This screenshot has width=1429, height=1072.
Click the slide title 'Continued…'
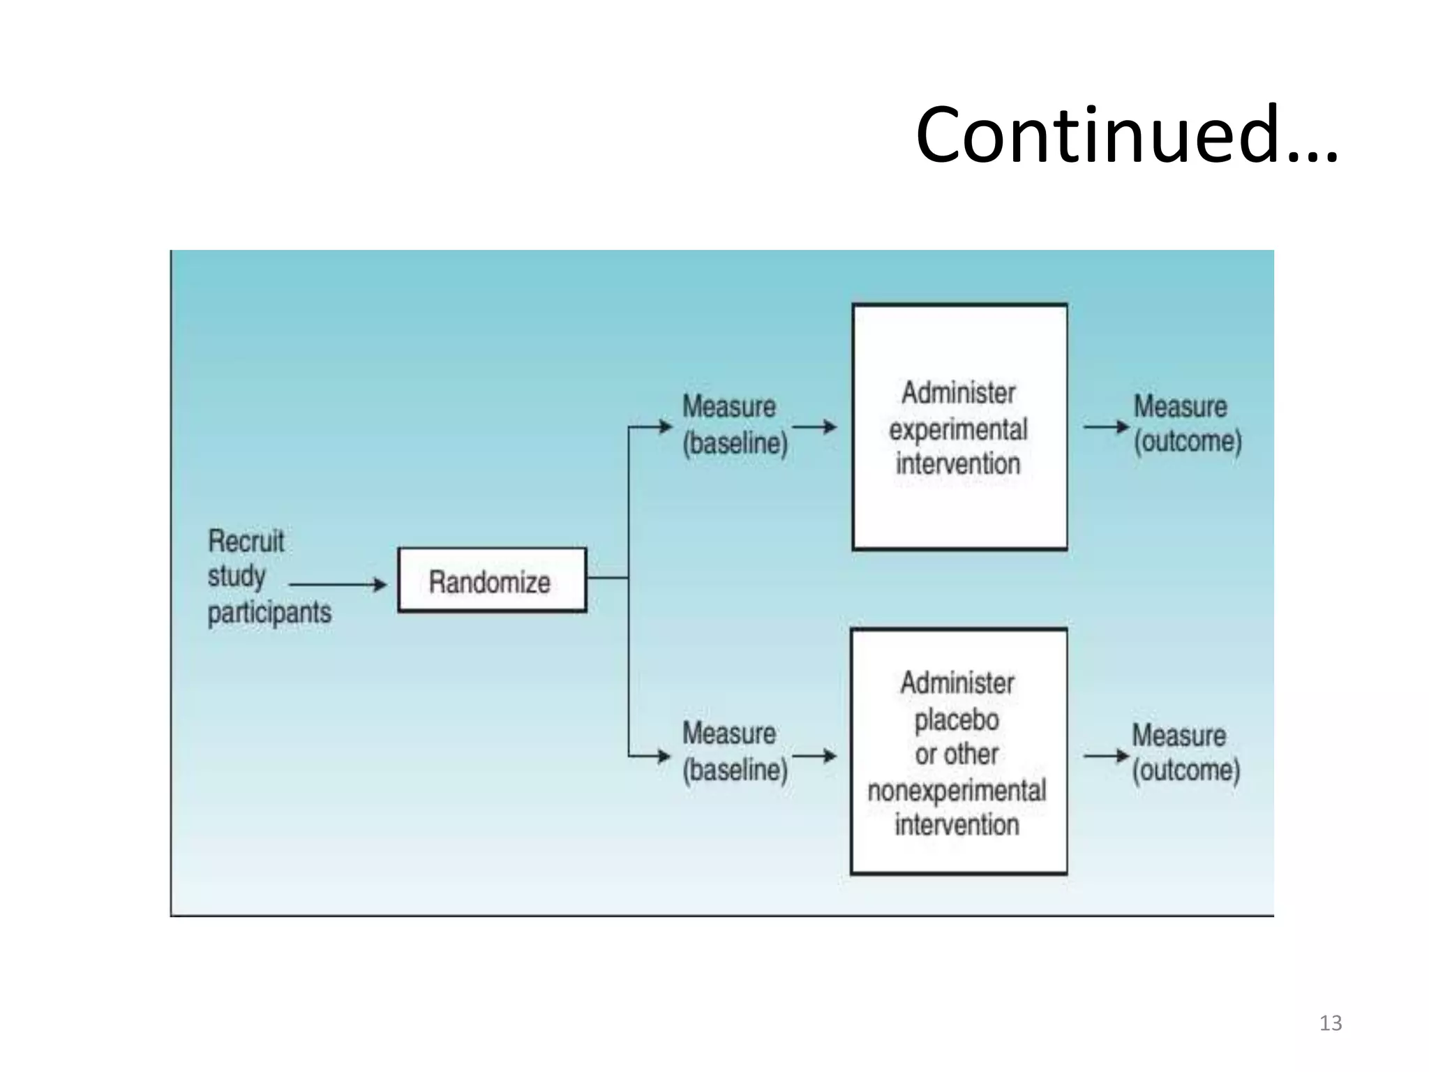1126,135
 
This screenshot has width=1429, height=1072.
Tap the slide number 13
1330,1023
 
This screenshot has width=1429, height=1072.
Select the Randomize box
491,581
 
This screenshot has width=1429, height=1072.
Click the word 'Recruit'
246,541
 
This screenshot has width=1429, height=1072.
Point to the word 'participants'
269,613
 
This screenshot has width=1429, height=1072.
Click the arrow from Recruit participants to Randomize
338,584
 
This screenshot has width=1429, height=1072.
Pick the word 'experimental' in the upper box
958,429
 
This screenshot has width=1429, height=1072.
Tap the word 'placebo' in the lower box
957,720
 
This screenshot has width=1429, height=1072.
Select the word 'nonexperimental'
957,791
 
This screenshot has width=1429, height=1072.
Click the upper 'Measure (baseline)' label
735,424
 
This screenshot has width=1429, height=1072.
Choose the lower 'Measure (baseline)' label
735,752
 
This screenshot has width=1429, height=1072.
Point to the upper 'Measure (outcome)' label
1187,424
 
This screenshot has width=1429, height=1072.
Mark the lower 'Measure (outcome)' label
1185,752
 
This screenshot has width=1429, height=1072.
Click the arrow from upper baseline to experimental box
814,426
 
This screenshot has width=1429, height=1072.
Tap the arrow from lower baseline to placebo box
814,756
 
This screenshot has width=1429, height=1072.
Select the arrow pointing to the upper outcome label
1106,426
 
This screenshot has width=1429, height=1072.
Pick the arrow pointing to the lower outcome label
1106,756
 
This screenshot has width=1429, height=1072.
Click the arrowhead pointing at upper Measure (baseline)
665,426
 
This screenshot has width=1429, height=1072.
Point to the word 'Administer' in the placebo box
957,683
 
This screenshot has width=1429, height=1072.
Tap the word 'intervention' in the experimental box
958,463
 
